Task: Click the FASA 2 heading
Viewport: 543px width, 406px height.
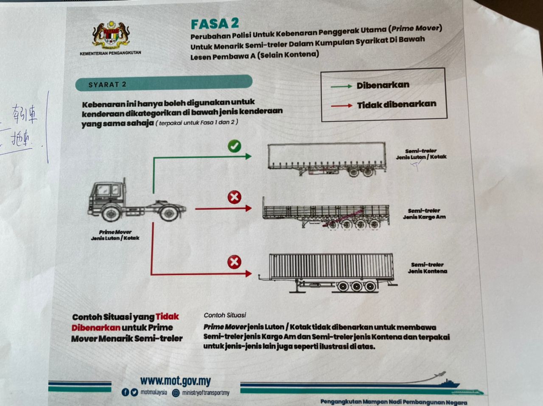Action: (215, 24)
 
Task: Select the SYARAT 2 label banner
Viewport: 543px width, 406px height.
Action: (163, 83)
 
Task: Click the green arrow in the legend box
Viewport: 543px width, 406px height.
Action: (341, 86)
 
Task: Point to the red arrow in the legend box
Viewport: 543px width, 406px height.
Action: (341, 106)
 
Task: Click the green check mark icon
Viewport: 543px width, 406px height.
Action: (234, 146)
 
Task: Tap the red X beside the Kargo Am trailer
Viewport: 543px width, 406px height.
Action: (234, 197)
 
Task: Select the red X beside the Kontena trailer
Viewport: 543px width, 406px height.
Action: (234, 262)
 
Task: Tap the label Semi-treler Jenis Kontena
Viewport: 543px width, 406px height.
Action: (427, 268)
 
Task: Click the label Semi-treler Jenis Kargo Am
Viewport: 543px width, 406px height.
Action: (424, 214)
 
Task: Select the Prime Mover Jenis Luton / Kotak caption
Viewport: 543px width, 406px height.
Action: (115, 235)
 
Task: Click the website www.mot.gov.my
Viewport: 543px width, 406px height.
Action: (175, 381)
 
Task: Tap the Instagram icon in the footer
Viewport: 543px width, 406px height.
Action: (176, 393)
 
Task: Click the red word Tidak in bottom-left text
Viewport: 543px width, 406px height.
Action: (167, 317)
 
